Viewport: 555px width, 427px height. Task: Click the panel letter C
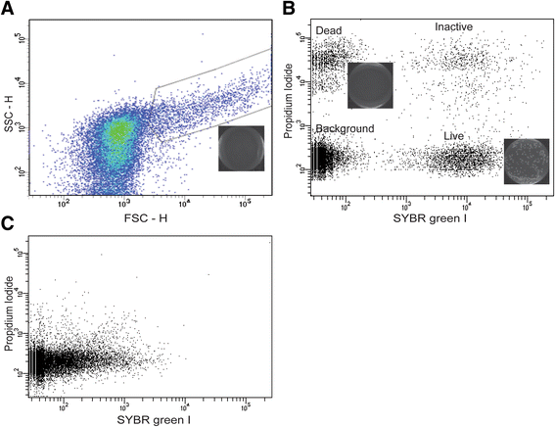[x=8, y=224]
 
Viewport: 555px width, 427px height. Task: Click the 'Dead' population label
[x=329, y=31]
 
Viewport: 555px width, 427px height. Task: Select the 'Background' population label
[x=343, y=128]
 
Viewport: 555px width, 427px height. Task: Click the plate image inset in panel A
[x=240, y=149]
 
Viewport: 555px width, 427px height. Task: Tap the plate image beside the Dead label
[x=370, y=84]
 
